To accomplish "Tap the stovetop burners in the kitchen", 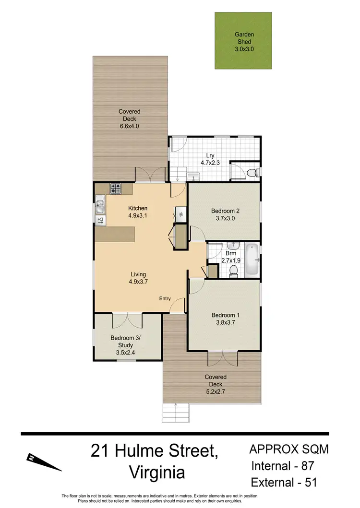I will [x=116, y=189].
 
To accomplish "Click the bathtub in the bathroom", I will [x=252, y=260].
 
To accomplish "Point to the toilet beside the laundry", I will [x=253, y=173].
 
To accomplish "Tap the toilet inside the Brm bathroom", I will [x=233, y=272].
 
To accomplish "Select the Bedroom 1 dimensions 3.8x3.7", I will [x=225, y=322].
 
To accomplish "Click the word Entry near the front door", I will [x=165, y=299].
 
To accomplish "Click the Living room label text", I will [x=138, y=274].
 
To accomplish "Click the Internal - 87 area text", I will [x=283, y=466].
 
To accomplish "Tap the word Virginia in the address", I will [x=157, y=473].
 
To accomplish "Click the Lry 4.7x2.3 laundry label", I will [x=210, y=158].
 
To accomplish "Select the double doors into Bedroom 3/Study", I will [x=127, y=320].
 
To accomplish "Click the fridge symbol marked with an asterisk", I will [x=181, y=214].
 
